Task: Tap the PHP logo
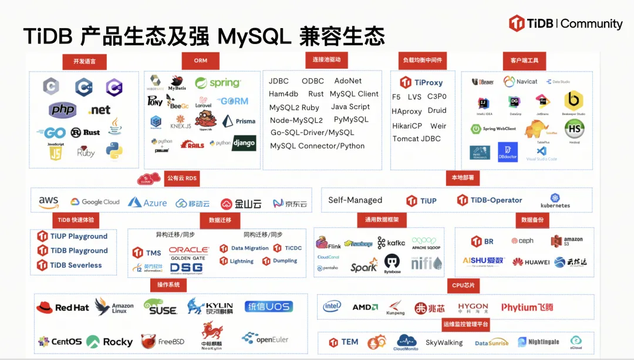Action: pos(63,109)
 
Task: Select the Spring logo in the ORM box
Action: pos(218,83)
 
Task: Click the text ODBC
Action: pos(313,81)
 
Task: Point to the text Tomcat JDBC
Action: pos(416,139)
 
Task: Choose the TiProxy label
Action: pos(421,83)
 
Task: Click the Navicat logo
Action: pos(521,82)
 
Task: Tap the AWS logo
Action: pos(49,202)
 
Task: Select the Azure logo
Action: pos(147,203)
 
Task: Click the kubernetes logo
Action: pos(555,201)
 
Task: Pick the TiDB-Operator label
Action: pos(490,200)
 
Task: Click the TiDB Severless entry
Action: pos(69,265)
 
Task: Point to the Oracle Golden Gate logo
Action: pos(189,253)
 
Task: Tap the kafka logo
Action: pos(391,243)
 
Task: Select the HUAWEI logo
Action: pos(531,262)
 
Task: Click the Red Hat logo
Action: pos(63,308)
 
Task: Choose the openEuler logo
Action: pos(265,339)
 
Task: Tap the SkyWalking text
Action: pos(444,342)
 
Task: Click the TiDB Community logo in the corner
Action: pos(566,23)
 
